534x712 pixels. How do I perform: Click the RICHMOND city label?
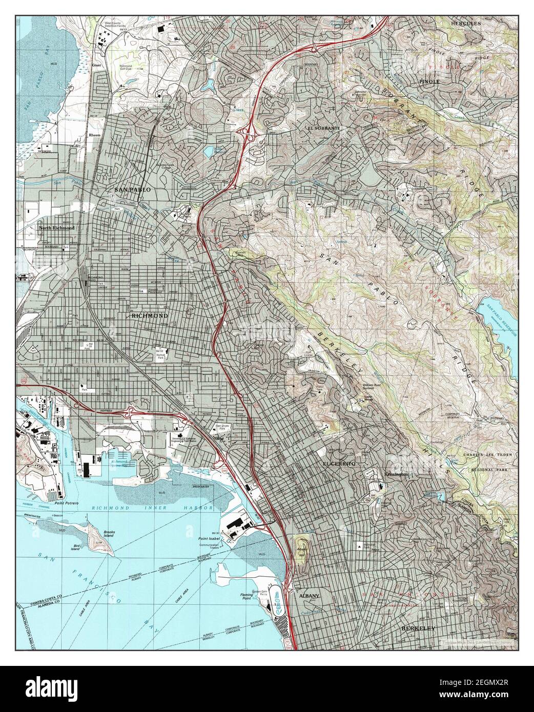pyautogui.click(x=150, y=316)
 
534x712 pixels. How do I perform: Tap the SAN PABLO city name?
pyautogui.click(x=133, y=190)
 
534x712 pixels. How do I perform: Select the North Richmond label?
pyautogui.click(x=56, y=228)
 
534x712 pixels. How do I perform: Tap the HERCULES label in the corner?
pyautogui.click(x=465, y=24)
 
